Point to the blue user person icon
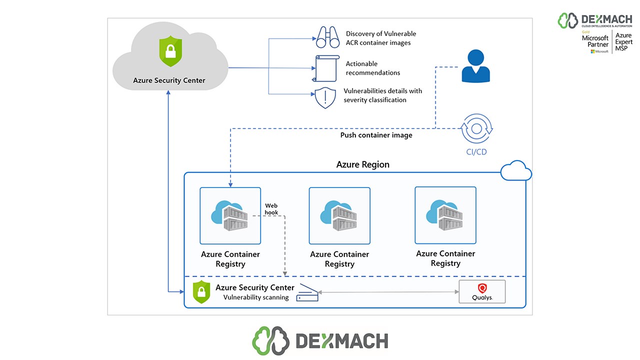(475, 66)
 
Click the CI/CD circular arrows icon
(476, 128)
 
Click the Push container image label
(376, 135)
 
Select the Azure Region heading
(362, 164)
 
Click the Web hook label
(271, 209)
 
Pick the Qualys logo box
(482, 291)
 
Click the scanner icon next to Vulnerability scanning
(307, 292)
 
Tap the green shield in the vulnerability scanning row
(201, 291)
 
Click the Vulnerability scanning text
(256, 297)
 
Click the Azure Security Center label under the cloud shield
(169, 80)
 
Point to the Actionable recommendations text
(372, 68)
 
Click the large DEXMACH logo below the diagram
(320, 340)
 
